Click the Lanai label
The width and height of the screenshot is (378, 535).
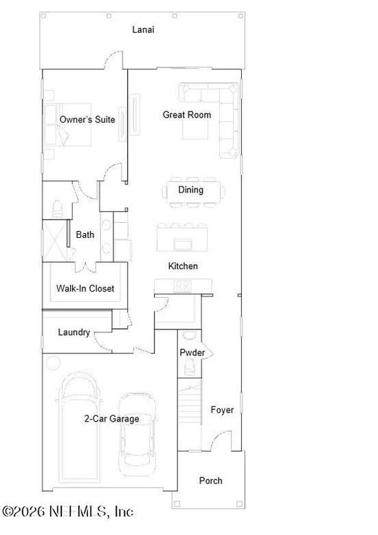coord(143,30)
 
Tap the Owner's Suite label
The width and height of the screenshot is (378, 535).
coord(87,120)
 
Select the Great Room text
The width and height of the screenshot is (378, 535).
coord(187,115)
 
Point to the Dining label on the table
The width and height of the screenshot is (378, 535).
coord(190,190)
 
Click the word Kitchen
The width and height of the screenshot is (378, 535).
coord(183,266)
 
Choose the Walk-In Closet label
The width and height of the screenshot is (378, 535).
coord(85,288)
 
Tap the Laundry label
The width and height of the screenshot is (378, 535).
coord(74,332)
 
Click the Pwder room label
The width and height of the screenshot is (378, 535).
coord(192,353)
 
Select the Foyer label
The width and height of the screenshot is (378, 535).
coord(222,410)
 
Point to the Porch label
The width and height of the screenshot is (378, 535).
coord(211,481)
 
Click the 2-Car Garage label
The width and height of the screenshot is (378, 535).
coord(112,419)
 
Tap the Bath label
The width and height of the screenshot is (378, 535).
coord(85,234)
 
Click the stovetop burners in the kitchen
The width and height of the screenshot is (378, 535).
coord(183,286)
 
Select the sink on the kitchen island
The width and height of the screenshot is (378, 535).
coord(183,244)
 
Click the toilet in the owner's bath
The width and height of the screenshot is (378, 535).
coord(57,208)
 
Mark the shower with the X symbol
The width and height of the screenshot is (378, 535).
coord(54,241)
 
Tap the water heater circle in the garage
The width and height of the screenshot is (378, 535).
coord(53,362)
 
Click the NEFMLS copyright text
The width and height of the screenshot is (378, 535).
coord(67,512)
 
